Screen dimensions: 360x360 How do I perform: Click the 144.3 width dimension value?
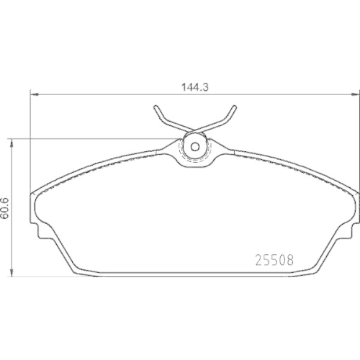tap(195, 87)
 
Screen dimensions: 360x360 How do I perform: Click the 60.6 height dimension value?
tap(5, 208)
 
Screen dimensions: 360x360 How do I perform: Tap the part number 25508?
tap(274, 260)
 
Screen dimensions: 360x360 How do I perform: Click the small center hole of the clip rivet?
tap(195, 146)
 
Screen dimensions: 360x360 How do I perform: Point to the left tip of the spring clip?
tap(156, 107)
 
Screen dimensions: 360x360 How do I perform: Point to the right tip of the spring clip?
tap(235, 107)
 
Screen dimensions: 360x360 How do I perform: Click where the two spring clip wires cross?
tap(195, 130)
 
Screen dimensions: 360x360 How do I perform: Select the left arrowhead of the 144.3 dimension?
tap(35, 94)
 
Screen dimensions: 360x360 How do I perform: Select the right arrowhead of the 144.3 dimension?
tap(355, 94)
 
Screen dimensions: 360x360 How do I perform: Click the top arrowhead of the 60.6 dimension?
tap(11, 143)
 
